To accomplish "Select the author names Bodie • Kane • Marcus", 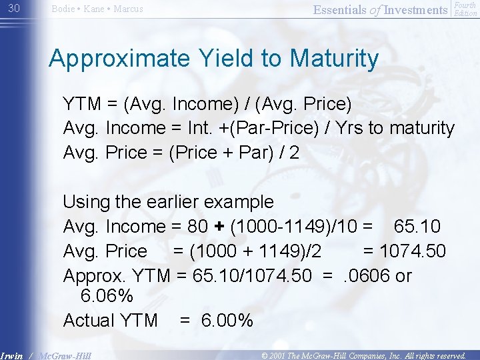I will pyautogui.click(x=97, y=9).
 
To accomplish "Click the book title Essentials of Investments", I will pyautogui.click(x=380, y=9).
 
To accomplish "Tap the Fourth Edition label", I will pyautogui.click(x=465, y=9).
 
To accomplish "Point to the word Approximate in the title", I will pyautogui.click(x=110, y=59).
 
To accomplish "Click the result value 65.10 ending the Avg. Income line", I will pyautogui.click(x=417, y=227).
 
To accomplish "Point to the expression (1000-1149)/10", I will pyautogui.click(x=293, y=227).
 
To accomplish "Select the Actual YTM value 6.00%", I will pyautogui.click(x=227, y=321).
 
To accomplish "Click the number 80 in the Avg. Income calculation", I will pyautogui.click(x=197, y=227).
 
